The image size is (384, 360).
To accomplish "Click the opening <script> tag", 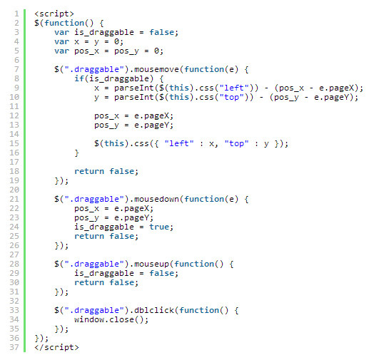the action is [x=54, y=14].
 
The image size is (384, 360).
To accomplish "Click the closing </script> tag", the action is [x=56, y=347].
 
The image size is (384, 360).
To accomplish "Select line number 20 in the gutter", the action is [x=14, y=190].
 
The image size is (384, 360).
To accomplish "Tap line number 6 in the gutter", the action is [x=16, y=60].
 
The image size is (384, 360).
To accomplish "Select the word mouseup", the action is [x=151, y=264].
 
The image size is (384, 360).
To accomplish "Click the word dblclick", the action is [x=154, y=310].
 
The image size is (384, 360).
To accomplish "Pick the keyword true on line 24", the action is [x=159, y=227].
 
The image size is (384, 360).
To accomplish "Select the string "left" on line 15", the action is [x=179, y=143].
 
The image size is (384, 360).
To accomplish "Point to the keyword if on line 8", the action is [x=79, y=78].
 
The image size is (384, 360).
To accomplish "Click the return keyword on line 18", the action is [x=89, y=171].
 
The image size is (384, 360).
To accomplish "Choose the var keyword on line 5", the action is [x=61, y=51].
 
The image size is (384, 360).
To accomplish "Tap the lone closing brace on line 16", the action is [x=76, y=153].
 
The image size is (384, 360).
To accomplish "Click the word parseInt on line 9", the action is [x=134, y=88].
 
